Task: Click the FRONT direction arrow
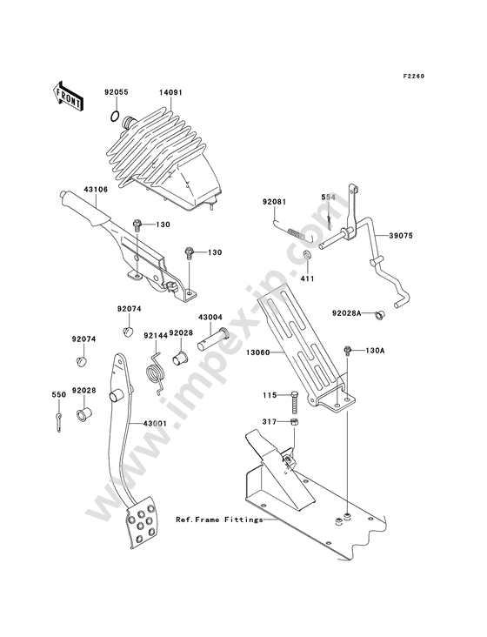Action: coord(67,96)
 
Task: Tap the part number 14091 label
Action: coord(170,92)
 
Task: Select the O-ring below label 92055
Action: coord(115,117)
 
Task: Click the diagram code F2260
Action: coord(414,76)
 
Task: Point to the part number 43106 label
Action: coord(96,190)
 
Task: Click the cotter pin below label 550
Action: coord(59,423)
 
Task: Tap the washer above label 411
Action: coord(307,256)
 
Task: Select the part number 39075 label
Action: coord(401,236)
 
